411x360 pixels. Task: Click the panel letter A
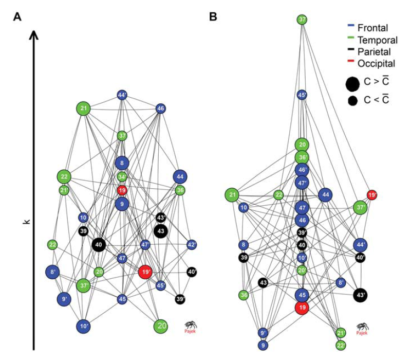17,17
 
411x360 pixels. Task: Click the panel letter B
213,17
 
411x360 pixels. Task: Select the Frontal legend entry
373,28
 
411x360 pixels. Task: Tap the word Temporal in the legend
378,40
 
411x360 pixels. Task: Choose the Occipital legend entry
377,64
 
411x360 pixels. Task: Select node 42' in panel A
192,244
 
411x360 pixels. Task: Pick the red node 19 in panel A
122,190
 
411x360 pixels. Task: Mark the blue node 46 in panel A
161,109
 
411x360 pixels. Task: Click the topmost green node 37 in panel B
302,20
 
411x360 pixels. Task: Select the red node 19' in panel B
372,195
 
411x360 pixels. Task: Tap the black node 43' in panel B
361,295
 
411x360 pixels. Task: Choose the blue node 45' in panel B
302,95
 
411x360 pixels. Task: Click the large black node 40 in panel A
98,245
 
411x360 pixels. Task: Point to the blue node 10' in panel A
84,326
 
